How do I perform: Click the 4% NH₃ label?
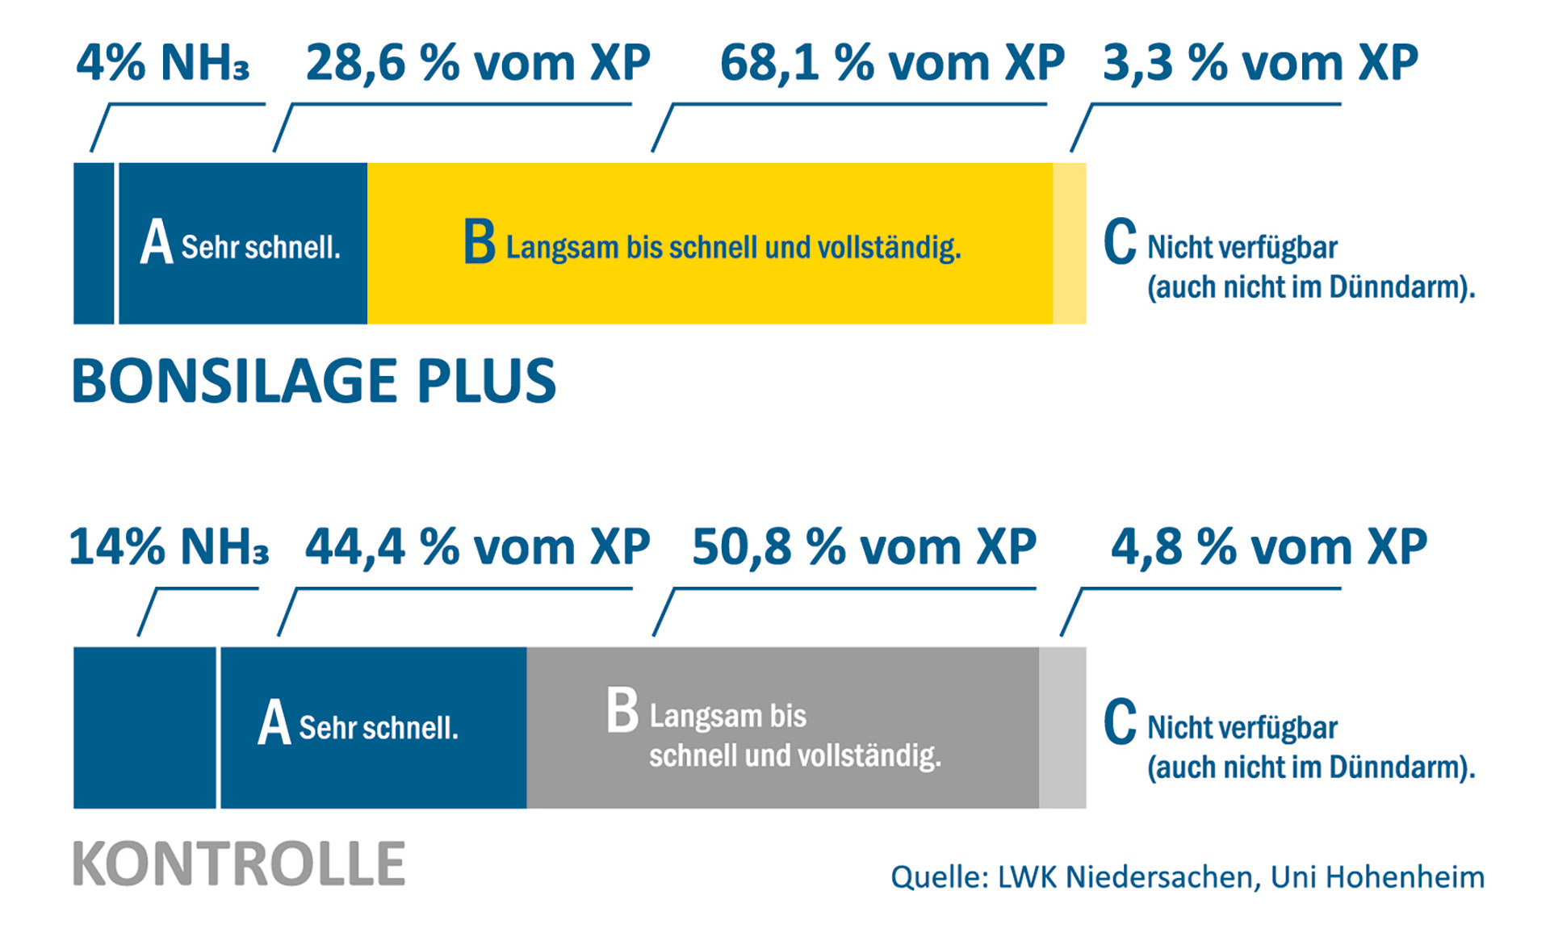[162, 63]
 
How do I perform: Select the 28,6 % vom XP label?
[478, 63]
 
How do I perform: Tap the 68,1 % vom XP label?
[892, 63]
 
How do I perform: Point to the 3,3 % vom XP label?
[1260, 63]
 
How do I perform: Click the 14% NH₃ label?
[169, 547]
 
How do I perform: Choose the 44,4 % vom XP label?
[478, 547]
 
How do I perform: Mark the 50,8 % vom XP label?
[864, 547]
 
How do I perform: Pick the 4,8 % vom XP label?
[1269, 547]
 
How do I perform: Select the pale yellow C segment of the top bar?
[1070, 243]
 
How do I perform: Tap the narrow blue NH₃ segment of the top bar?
[94, 243]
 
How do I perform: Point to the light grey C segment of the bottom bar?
[1062, 727]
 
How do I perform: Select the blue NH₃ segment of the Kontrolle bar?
[145, 727]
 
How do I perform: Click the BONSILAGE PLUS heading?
[314, 381]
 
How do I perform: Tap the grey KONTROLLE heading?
[239, 864]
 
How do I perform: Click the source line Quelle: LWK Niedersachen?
[1188, 877]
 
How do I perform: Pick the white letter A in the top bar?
[157, 242]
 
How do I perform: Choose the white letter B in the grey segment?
[622, 710]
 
